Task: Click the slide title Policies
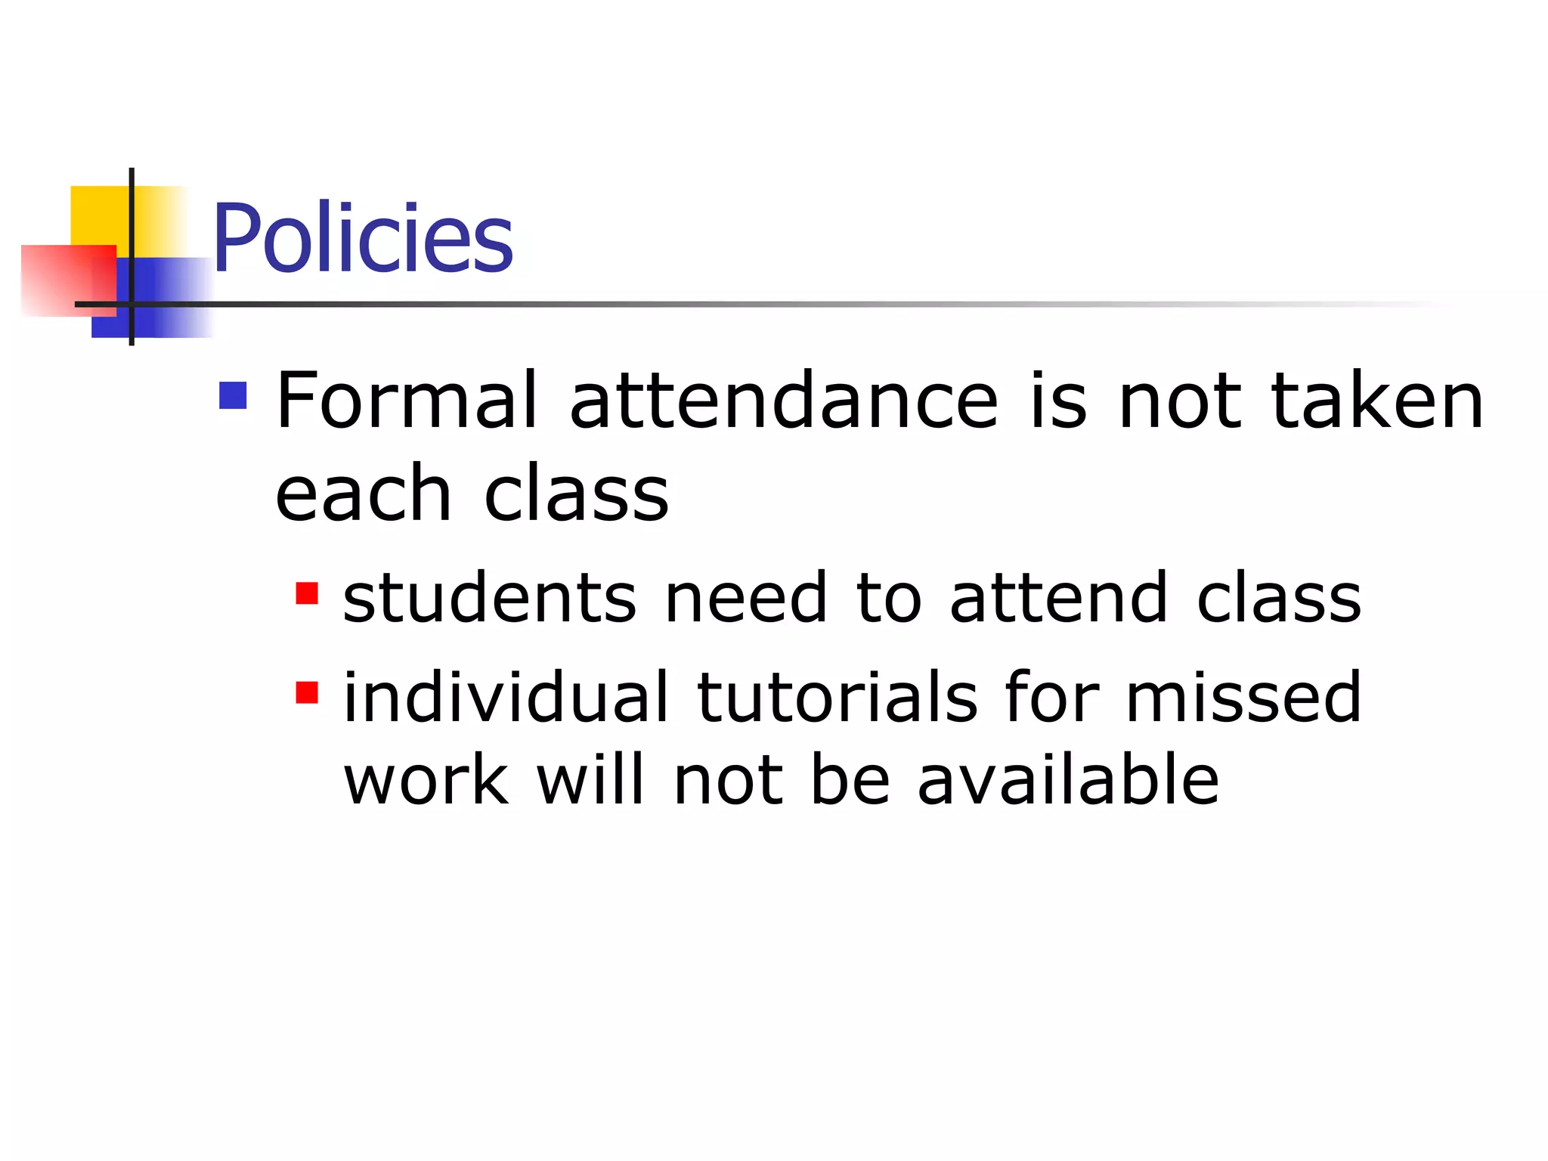(363, 238)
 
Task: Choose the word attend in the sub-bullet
(1059, 598)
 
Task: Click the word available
(1068, 780)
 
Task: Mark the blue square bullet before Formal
(233, 395)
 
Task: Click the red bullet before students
(307, 593)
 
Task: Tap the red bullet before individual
(307, 692)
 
